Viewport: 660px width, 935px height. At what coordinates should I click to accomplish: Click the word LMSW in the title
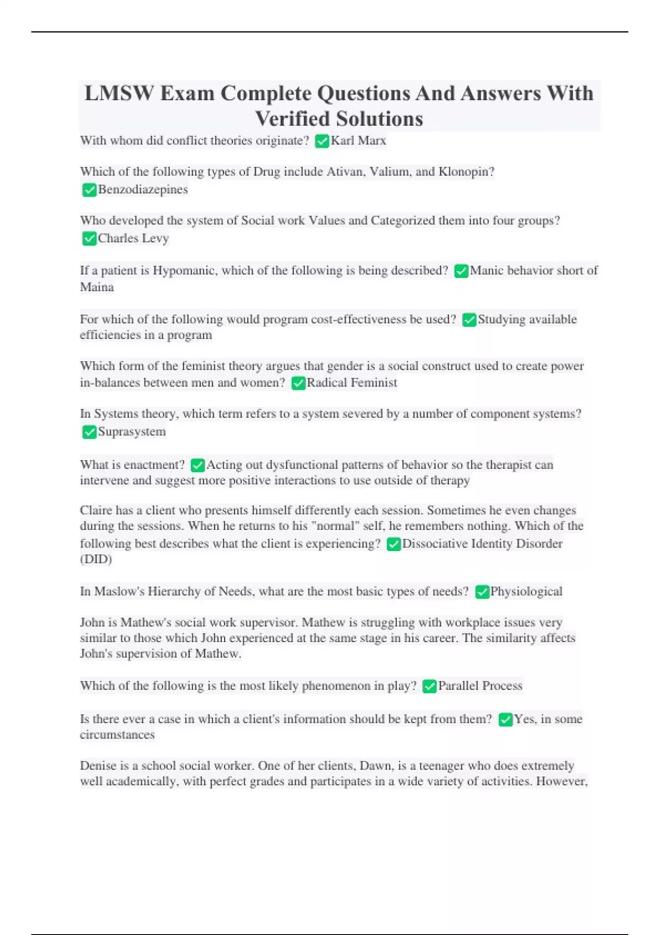tap(119, 94)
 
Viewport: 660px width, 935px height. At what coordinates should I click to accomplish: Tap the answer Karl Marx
tap(358, 141)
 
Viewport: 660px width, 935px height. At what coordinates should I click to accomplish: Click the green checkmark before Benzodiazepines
tap(89, 190)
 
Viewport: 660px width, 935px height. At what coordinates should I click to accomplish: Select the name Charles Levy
tap(133, 239)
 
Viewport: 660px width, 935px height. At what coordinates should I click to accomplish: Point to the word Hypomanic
tap(184, 271)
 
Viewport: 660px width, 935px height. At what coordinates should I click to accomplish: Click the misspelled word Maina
tap(97, 287)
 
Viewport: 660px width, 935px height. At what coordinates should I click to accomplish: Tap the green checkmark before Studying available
tap(469, 320)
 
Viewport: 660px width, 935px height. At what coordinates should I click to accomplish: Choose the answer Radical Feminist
tap(351, 383)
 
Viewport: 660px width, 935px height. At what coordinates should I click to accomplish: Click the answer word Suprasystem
tap(131, 432)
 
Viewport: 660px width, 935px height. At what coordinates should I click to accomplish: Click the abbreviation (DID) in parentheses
tap(96, 559)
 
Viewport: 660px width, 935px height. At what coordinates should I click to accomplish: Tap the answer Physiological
tap(526, 592)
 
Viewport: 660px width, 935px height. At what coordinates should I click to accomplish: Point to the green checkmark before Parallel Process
tap(430, 686)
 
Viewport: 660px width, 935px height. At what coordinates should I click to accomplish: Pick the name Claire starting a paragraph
tap(96, 510)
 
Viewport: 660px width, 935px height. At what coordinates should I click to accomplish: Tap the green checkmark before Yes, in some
tap(505, 720)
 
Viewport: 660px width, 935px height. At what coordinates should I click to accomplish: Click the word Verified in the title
tap(292, 119)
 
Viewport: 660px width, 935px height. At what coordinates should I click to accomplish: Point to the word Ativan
tap(345, 172)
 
